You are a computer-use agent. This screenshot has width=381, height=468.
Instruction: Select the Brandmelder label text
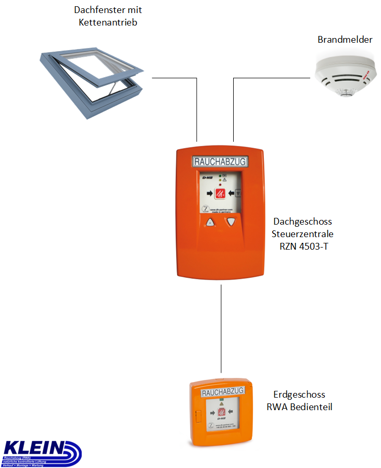345,40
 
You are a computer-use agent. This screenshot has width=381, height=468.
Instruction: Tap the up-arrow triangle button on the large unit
210,223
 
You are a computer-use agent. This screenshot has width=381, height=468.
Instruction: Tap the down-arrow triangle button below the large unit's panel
231,222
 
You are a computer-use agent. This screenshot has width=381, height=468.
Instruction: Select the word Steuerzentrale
302,234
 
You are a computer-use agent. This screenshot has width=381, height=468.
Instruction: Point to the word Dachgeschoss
302,222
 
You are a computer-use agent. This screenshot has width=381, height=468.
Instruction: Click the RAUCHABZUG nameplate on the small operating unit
222,391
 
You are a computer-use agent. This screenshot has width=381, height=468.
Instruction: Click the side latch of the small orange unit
197,416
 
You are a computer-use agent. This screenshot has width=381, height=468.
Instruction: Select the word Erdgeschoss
299,395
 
